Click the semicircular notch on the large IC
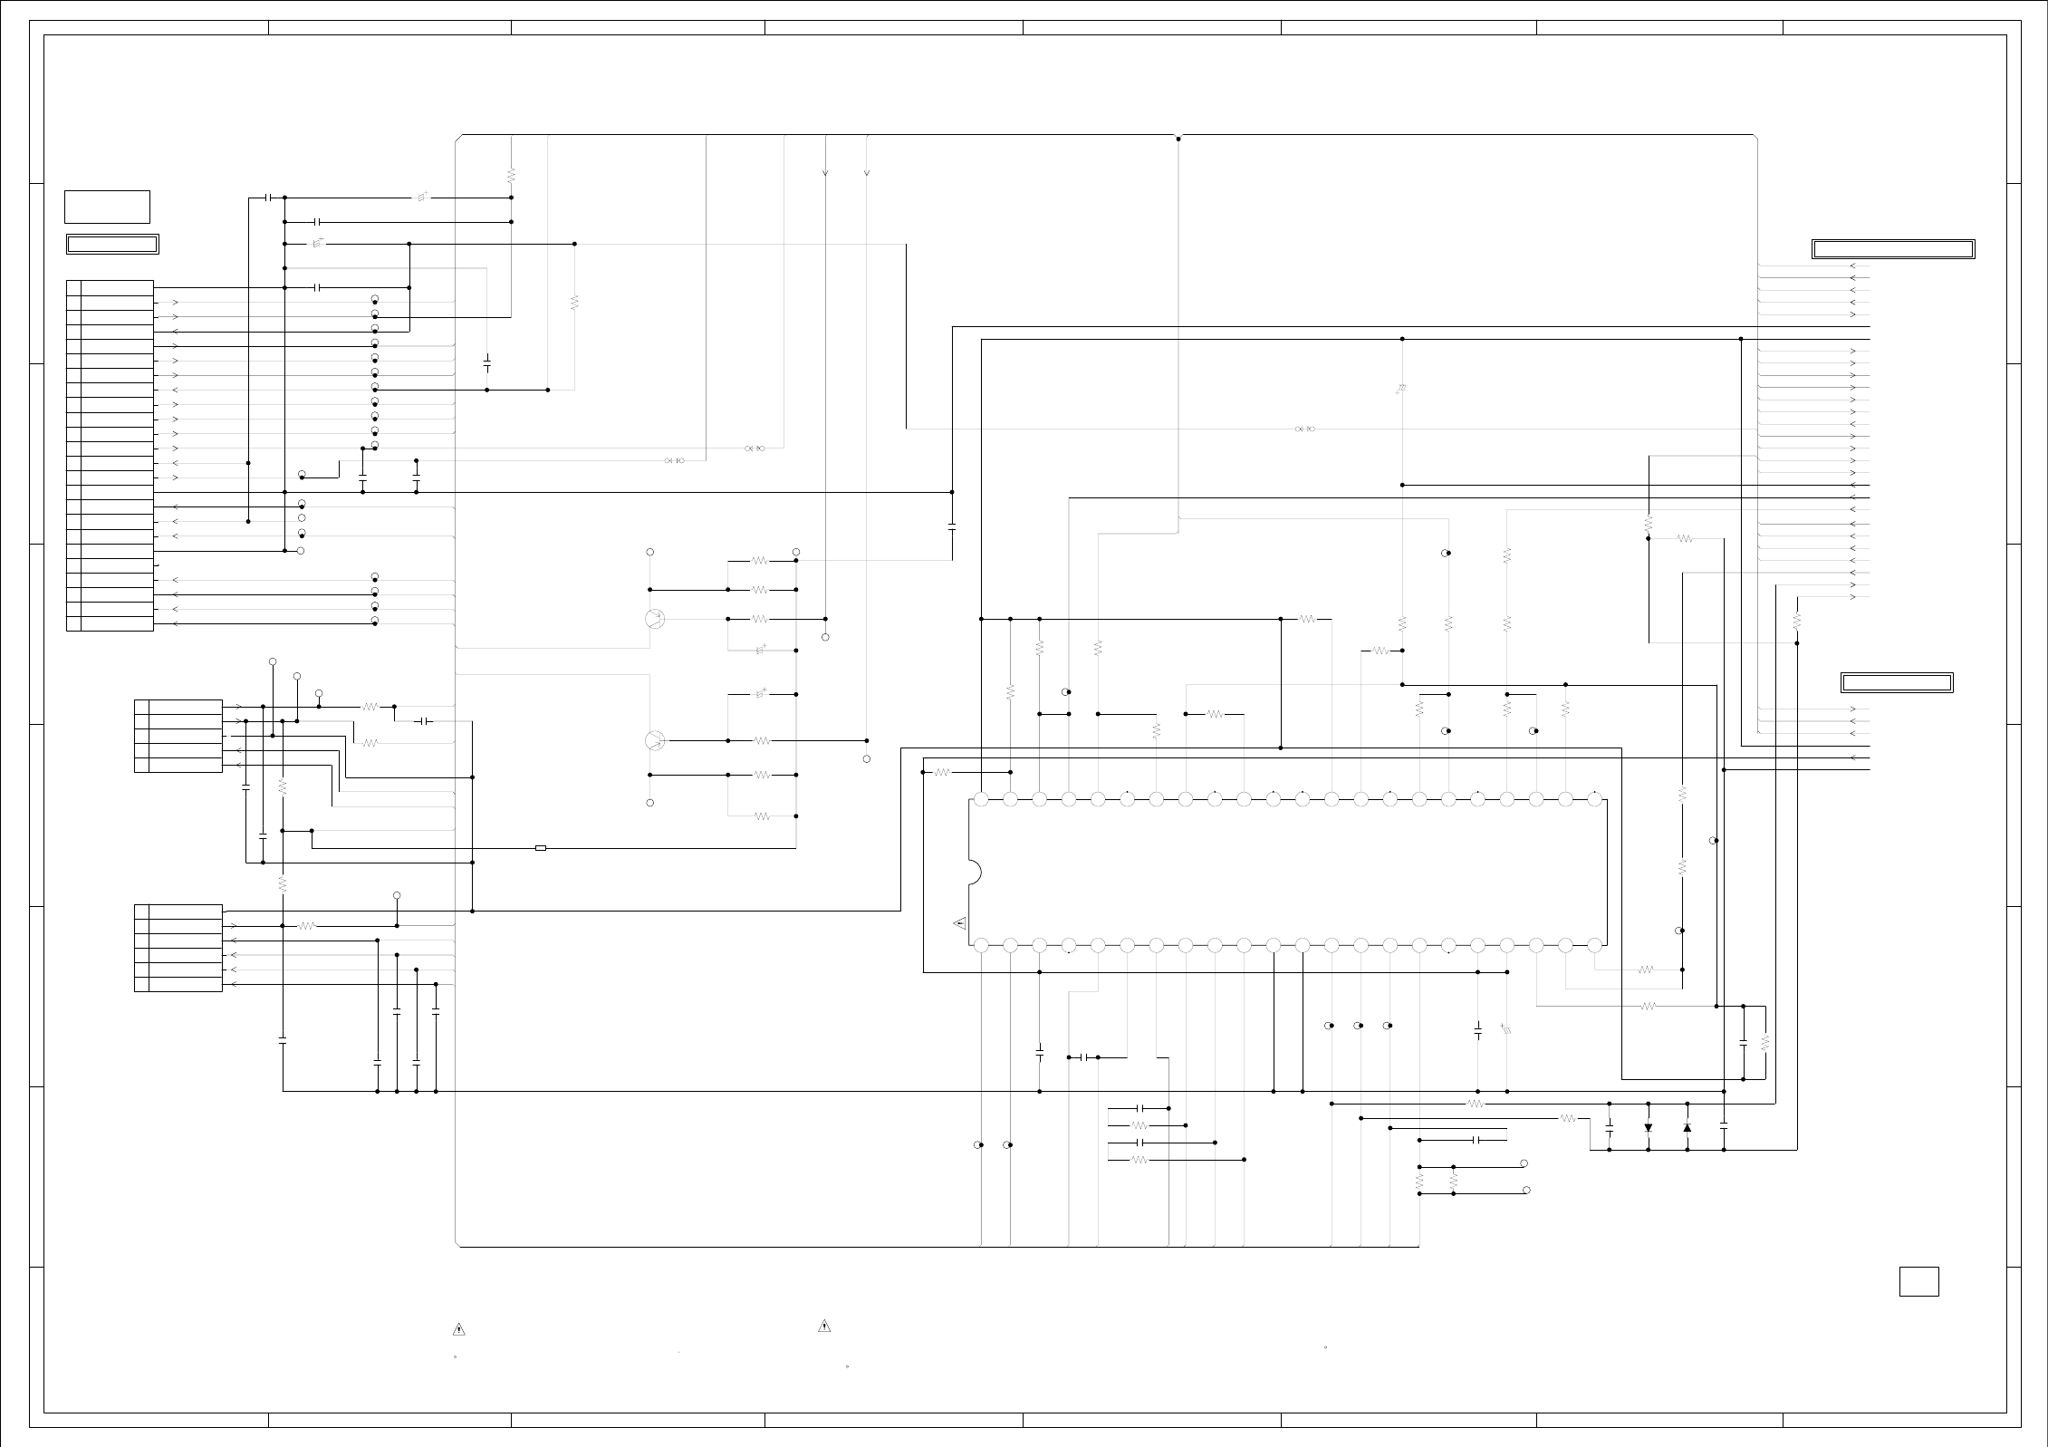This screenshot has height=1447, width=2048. click(x=975, y=873)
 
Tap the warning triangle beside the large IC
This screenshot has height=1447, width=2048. click(x=960, y=923)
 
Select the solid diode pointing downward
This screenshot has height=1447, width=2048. click(x=1648, y=1128)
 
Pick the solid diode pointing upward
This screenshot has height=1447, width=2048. click(x=1687, y=1127)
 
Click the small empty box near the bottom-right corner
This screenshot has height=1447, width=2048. click(x=1918, y=1281)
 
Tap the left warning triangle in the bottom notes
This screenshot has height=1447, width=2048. click(x=459, y=1330)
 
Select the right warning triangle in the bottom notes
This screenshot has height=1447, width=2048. click(x=824, y=1326)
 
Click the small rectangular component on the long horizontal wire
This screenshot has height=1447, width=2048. click(x=541, y=848)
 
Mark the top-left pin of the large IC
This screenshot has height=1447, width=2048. click(x=981, y=800)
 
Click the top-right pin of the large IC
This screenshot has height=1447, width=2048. click(x=1594, y=800)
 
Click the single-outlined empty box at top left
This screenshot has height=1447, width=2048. click(x=107, y=207)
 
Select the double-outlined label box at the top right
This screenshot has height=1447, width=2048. click(x=1893, y=249)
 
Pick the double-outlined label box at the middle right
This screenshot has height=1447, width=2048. click(x=1897, y=682)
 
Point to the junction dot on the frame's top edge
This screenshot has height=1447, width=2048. click(x=1178, y=139)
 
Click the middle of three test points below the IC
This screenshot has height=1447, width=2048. click(x=1358, y=1026)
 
